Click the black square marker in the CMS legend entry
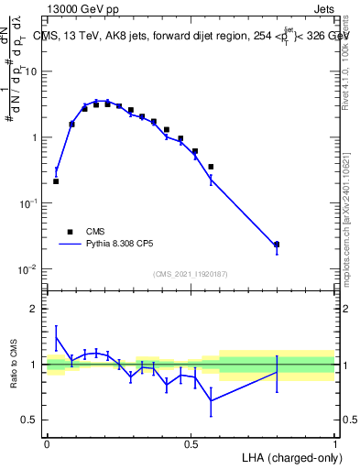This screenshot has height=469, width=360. pos(70,232)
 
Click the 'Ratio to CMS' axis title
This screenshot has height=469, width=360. pos(15,364)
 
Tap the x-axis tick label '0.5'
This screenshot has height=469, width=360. pos(191,443)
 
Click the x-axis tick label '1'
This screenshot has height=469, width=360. pos(334,443)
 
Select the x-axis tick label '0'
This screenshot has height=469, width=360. pos(47,443)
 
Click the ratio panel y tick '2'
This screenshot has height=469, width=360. pos(33,310)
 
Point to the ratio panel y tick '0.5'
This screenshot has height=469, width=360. pos(28,420)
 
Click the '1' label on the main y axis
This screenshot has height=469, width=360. pos(35,137)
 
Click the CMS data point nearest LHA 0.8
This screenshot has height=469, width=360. pos(277,245)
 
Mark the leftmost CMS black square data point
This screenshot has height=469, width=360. pos(56,181)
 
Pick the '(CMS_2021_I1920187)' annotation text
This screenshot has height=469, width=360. pos(191,273)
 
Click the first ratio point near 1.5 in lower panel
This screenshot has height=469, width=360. pos(56,336)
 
